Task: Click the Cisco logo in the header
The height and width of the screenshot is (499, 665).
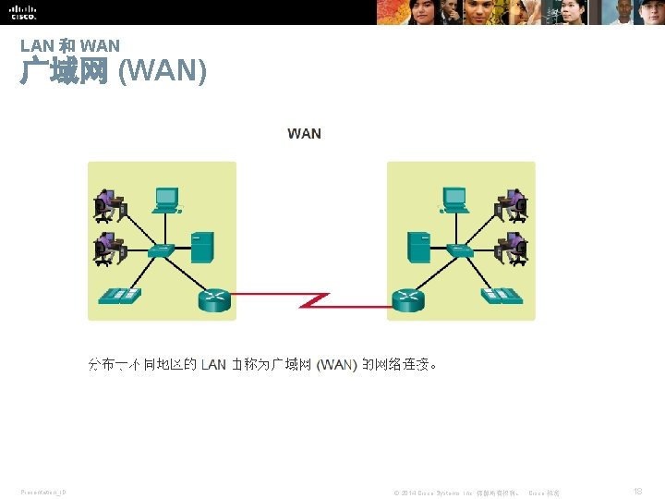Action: pyautogui.click(x=23, y=12)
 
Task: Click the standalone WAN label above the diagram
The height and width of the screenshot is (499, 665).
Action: pyautogui.click(x=304, y=134)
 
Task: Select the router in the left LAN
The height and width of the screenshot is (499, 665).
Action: pyautogui.click(x=214, y=299)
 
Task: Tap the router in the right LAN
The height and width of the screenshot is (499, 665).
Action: pyautogui.click(x=407, y=299)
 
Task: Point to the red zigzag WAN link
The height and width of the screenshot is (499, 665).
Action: pyautogui.click(x=313, y=299)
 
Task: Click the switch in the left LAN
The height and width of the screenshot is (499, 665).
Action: pyautogui.click(x=161, y=249)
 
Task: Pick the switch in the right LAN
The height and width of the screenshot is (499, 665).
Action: pyautogui.click(x=460, y=249)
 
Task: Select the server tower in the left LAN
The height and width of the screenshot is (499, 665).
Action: pyautogui.click(x=202, y=248)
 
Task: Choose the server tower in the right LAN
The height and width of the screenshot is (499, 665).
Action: pyautogui.click(x=419, y=248)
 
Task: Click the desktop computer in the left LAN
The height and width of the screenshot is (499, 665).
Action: pyautogui.click(x=166, y=199)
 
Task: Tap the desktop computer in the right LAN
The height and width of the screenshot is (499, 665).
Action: pyautogui.click(x=454, y=199)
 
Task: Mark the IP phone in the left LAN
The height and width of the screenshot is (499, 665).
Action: pyautogui.click(x=119, y=296)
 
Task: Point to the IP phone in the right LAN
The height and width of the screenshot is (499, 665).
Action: pyautogui.click(x=502, y=296)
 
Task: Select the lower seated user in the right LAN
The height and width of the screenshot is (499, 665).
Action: pyautogui.click(x=512, y=248)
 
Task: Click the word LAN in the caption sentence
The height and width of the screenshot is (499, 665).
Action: pyautogui.click(x=213, y=364)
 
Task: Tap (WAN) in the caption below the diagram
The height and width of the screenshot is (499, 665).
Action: pyautogui.click(x=336, y=364)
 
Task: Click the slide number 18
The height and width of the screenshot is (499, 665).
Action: pyautogui.click(x=638, y=492)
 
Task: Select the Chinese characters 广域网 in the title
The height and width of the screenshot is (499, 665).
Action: pyautogui.click(x=65, y=71)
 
